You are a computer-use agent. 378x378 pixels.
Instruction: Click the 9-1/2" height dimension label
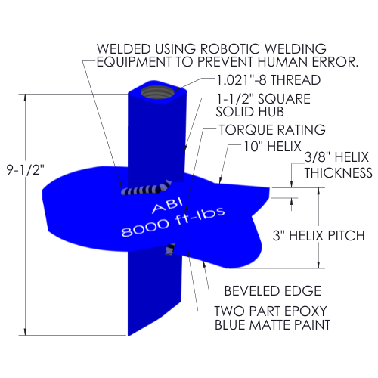[x=26, y=170]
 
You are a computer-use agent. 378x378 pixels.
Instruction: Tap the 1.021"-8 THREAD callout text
[x=268, y=80]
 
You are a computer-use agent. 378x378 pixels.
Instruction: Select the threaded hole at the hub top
[x=157, y=94]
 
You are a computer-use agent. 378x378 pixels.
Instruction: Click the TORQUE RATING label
[x=272, y=130]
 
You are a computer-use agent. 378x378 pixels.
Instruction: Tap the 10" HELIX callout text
[x=273, y=147]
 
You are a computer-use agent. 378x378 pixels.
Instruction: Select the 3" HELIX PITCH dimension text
[x=319, y=236]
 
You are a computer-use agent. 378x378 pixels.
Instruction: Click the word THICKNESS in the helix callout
[x=339, y=173]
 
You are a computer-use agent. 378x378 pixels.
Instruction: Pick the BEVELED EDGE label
[x=273, y=291]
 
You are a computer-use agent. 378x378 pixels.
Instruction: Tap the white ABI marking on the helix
[x=167, y=206]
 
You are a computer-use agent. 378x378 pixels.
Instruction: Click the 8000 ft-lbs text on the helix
[x=173, y=222]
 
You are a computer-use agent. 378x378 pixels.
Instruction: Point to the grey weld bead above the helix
[x=146, y=188]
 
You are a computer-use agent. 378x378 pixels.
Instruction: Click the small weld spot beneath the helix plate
[x=169, y=249]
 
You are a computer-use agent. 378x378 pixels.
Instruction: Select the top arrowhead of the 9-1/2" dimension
[x=25, y=98]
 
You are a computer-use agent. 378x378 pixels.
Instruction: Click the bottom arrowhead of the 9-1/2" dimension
[x=25, y=332]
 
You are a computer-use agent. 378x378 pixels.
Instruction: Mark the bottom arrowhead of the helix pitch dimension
[x=318, y=265]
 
